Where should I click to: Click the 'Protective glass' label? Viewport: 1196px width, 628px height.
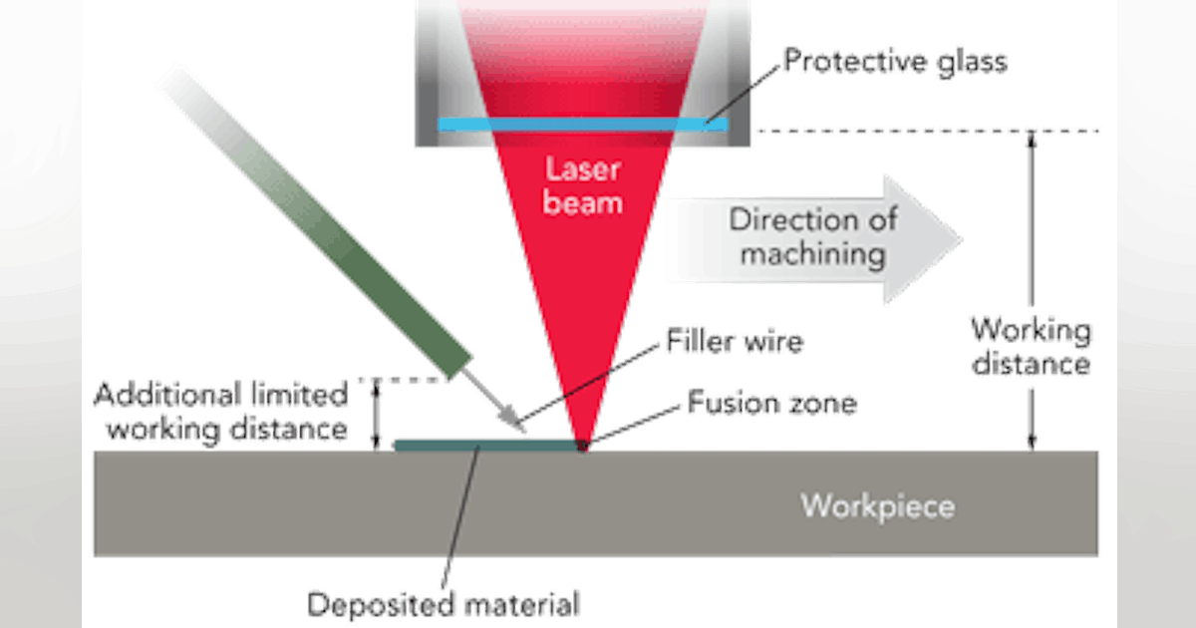coord(893,62)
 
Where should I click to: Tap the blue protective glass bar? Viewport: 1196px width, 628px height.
coord(583,124)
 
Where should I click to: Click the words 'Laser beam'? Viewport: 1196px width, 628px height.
coord(583,186)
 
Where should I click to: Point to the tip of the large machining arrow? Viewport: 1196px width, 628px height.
coord(963,238)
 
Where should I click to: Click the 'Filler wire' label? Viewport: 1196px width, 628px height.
coord(737,343)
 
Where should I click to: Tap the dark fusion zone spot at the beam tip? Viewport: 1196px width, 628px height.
coord(582,446)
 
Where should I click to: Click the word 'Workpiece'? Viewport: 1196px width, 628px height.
coord(877,505)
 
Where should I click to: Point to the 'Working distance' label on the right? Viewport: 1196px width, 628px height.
coord(1031,347)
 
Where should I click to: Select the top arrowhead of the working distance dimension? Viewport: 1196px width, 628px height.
coord(1033,140)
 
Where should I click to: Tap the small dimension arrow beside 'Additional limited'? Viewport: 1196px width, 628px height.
coord(377,413)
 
